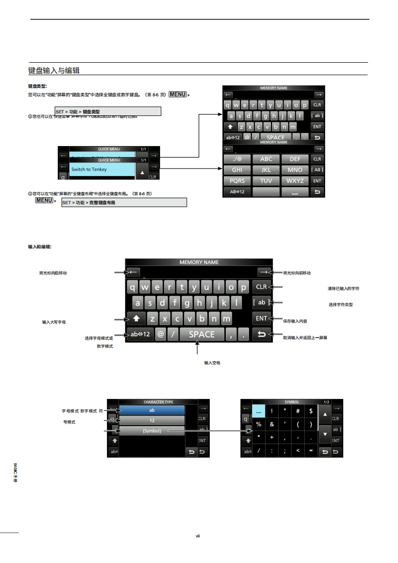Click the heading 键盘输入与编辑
(54, 70)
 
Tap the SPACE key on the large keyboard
(201, 334)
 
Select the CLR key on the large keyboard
(261, 287)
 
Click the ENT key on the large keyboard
(261, 318)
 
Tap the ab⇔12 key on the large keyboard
(140, 334)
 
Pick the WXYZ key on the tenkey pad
(295, 181)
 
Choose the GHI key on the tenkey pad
(237, 170)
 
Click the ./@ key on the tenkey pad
(237, 159)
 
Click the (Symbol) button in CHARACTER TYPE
(152, 431)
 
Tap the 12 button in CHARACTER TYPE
(152, 420)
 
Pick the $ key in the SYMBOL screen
(311, 411)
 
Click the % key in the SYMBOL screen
(259, 424)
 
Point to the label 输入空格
(212, 362)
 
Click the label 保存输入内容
(295, 321)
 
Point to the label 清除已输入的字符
(343, 289)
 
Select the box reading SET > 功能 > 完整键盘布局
(124, 203)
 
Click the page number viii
(198, 536)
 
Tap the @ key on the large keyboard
(161, 334)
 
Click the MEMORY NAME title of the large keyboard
(199, 262)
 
